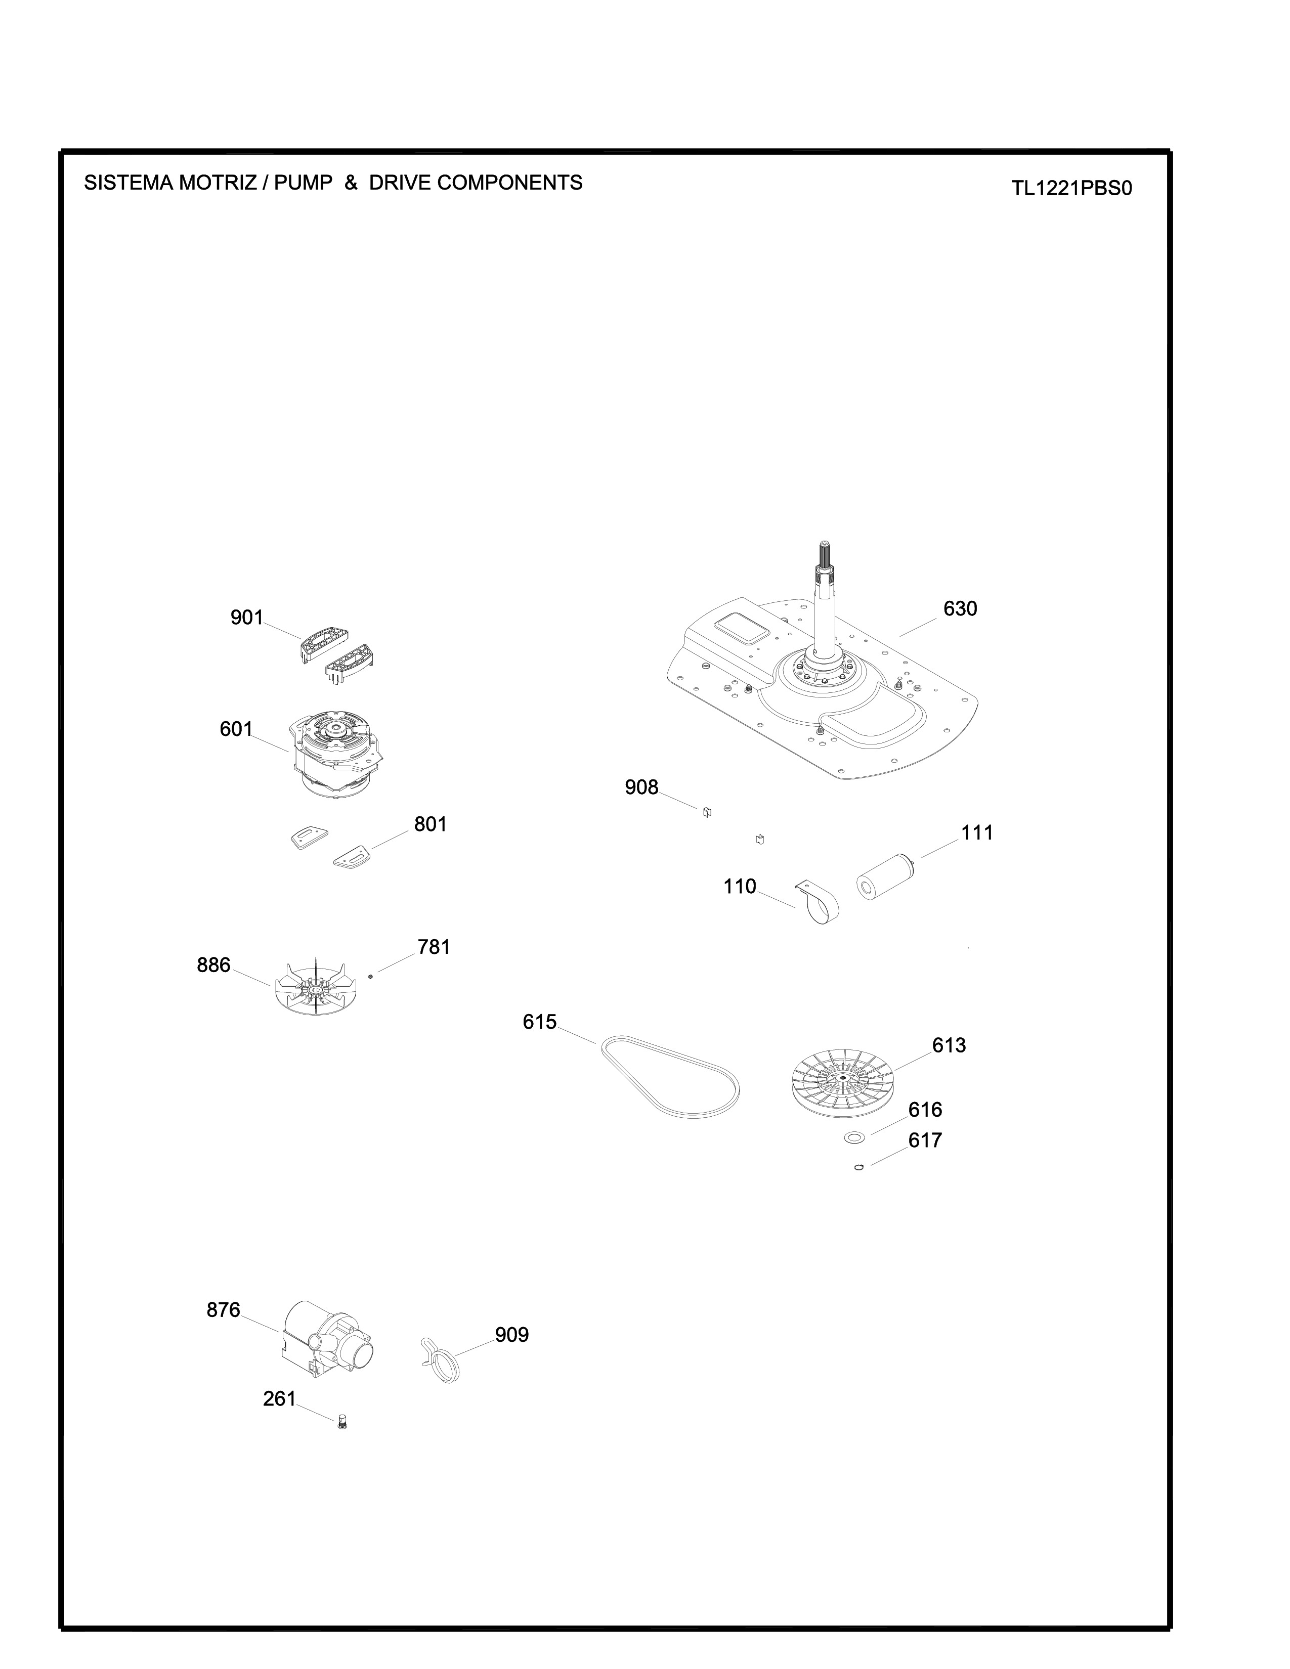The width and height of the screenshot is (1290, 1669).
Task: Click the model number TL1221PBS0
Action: [1071, 188]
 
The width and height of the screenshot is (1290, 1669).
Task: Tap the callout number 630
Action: [960, 608]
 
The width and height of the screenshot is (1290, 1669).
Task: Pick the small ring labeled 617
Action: [859, 1167]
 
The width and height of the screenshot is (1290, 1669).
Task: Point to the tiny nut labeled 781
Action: [370, 975]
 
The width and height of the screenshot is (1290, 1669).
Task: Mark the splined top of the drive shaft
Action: [826, 552]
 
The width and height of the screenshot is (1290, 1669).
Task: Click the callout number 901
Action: [247, 618]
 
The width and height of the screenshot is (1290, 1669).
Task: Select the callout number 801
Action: [431, 824]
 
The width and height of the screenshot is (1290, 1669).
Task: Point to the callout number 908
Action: [641, 787]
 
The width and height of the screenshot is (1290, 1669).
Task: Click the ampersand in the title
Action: [351, 183]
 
